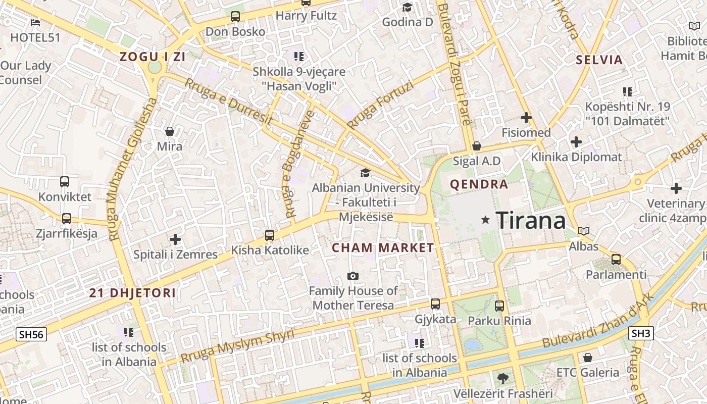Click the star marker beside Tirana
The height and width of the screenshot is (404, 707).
(486, 220)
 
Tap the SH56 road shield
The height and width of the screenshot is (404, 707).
(31, 334)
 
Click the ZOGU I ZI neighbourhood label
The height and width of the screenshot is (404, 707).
(153, 57)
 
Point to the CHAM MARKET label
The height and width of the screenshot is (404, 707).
(383, 247)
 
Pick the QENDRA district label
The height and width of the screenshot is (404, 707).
(479, 184)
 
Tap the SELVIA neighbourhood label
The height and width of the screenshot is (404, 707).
(599, 60)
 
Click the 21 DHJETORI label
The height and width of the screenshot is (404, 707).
(133, 293)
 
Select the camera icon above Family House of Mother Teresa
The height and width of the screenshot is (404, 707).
(353, 276)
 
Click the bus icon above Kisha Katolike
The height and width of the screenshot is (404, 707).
(270, 235)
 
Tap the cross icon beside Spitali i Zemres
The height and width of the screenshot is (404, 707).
(175, 239)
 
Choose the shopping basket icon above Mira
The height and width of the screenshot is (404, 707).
(170, 131)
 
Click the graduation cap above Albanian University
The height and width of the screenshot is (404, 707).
(365, 173)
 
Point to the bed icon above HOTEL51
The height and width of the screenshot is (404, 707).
(35, 22)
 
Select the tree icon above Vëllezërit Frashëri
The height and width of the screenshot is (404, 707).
(502, 378)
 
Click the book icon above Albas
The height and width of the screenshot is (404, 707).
(584, 231)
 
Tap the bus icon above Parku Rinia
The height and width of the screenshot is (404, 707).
(499, 306)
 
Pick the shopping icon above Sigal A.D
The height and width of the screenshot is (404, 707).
(476, 146)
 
